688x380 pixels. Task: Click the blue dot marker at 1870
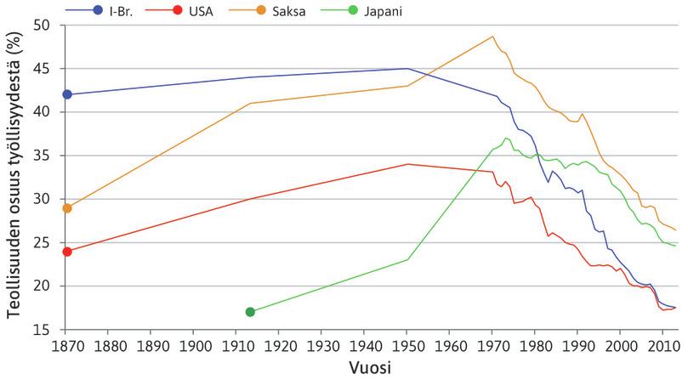tap(67, 94)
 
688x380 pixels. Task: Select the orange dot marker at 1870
tap(67, 208)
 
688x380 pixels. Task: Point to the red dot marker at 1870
tap(67, 252)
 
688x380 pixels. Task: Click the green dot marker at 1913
tap(250, 312)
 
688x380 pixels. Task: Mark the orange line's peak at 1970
tap(492, 37)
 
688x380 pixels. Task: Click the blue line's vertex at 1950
tap(407, 69)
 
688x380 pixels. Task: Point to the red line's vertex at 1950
tap(407, 164)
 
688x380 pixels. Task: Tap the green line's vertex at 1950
tap(407, 259)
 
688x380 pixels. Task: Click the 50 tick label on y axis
tap(45, 26)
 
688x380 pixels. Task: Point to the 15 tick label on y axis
tap(45, 329)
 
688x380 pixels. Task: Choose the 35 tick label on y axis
tap(45, 156)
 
